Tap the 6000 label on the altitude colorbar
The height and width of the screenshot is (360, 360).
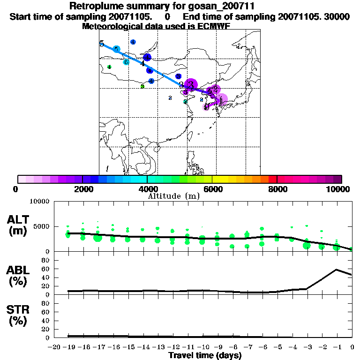pos(212,189)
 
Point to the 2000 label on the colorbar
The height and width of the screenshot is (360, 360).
pos(82,189)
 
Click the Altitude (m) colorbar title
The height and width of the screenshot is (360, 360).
pos(173,196)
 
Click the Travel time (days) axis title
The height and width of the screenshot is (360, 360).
pos(205,355)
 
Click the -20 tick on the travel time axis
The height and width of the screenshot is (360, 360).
pos(55,347)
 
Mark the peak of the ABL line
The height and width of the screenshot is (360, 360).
pos(337,270)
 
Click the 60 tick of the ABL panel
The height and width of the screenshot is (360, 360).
pos(46,269)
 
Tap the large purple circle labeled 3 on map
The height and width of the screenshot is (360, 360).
pos(191,84)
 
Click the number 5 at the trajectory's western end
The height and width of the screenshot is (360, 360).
pos(102,44)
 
